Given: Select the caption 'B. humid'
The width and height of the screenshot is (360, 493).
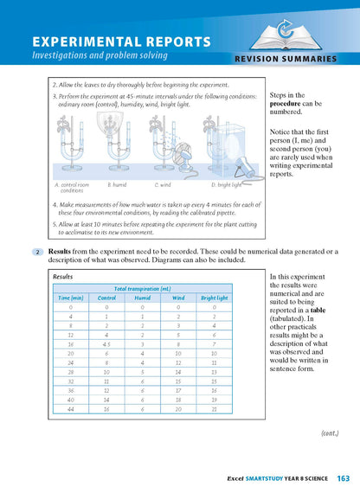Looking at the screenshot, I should (x=118, y=184).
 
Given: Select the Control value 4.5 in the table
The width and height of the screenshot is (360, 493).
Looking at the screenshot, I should (x=106, y=343).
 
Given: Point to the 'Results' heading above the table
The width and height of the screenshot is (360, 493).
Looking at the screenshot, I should (x=63, y=277).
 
